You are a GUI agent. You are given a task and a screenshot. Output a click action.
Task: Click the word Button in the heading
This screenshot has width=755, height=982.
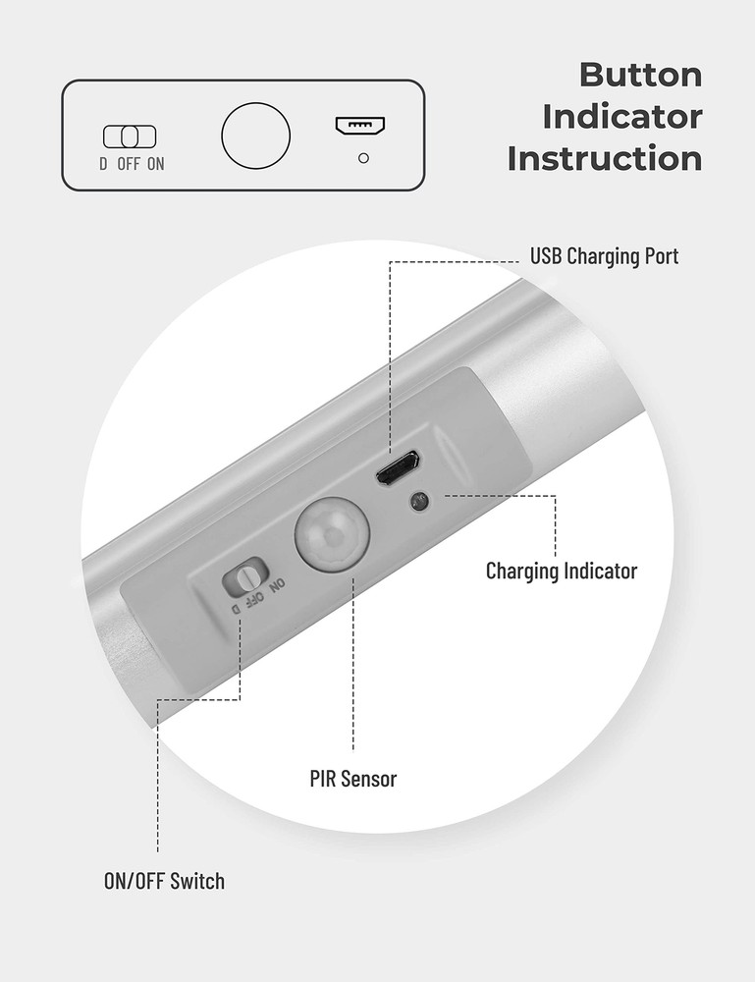pos(640,75)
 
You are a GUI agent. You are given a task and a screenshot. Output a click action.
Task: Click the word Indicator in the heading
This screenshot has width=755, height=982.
pos(622,117)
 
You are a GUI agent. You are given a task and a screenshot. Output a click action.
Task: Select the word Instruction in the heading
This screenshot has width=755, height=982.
pos(605,158)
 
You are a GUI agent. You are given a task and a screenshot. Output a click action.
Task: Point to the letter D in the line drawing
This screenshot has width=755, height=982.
pos(103,164)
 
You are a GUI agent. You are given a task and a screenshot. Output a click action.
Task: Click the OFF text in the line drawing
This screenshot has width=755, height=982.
pos(129,164)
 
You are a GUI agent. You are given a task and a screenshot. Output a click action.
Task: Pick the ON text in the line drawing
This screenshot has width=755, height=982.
pos(156,164)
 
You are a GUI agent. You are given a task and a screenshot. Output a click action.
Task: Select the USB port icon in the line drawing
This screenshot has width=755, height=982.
pos(360,126)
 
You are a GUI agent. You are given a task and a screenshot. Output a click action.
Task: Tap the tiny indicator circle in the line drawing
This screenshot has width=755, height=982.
pos(364,157)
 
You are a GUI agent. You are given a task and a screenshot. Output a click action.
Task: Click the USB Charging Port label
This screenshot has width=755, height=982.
pos(604,257)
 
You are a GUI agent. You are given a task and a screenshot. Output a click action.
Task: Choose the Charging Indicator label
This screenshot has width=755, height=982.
pos(562,571)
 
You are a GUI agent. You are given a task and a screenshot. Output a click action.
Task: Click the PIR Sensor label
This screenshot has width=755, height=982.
pos(352,780)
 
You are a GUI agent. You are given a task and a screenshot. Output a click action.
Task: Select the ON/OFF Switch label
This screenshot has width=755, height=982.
pos(164,881)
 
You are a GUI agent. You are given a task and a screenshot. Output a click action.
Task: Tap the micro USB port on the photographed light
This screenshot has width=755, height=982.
pos(398,468)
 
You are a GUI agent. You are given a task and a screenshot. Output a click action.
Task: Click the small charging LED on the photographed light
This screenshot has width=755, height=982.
pos(419,501)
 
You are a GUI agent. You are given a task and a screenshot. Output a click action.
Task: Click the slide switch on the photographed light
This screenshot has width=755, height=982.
pos(244,576)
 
